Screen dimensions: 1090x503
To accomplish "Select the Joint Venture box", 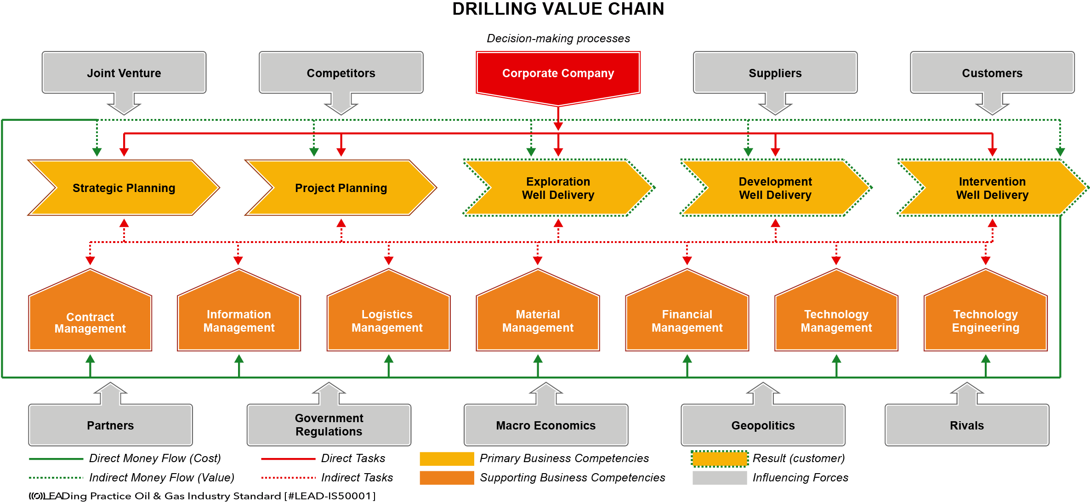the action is point(124,73).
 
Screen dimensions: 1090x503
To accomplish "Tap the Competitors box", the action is point(341,73).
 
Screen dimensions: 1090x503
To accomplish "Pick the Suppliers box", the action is point(775,73).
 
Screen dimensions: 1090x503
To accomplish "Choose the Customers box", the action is point(992,73).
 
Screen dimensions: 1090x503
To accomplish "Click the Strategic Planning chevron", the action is point(124,187).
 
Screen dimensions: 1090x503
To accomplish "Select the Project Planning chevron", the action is point(341,187).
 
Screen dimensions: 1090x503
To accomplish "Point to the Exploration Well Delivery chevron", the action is point(558,187).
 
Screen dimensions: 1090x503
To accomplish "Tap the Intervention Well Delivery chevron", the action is point(993,187).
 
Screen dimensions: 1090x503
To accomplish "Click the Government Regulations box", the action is point(329,425).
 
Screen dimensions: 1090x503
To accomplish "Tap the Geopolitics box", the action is point(763,425).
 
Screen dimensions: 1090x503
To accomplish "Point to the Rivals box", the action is point(967,425).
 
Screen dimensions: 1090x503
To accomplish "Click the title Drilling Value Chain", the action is point(558,9).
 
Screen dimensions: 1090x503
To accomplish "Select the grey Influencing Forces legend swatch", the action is point(720,478).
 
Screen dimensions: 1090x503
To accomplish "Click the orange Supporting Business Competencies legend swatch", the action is point(447,478).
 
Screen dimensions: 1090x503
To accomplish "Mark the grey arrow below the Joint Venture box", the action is point(124,104).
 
